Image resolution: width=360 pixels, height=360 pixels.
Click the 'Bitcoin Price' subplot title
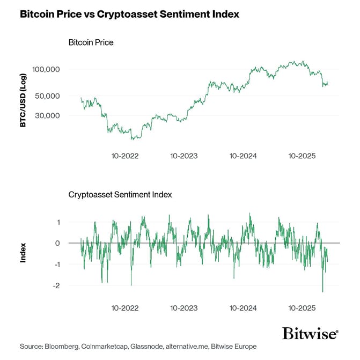91,42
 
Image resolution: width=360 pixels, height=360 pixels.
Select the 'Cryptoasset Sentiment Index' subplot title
120,194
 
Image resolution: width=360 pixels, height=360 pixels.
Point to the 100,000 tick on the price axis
47,70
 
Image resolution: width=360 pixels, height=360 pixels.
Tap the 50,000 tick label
49,96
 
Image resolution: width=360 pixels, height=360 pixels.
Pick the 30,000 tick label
49,115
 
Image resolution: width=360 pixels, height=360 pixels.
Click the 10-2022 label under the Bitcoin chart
125,156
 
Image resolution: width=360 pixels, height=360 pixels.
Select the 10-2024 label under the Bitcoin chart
243,156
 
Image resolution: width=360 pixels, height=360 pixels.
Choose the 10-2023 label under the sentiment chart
184,308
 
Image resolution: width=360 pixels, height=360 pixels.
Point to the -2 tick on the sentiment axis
56,286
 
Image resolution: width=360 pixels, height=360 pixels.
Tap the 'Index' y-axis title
23,254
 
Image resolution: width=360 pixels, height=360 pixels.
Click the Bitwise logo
310,333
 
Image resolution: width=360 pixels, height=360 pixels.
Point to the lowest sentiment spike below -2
322,291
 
